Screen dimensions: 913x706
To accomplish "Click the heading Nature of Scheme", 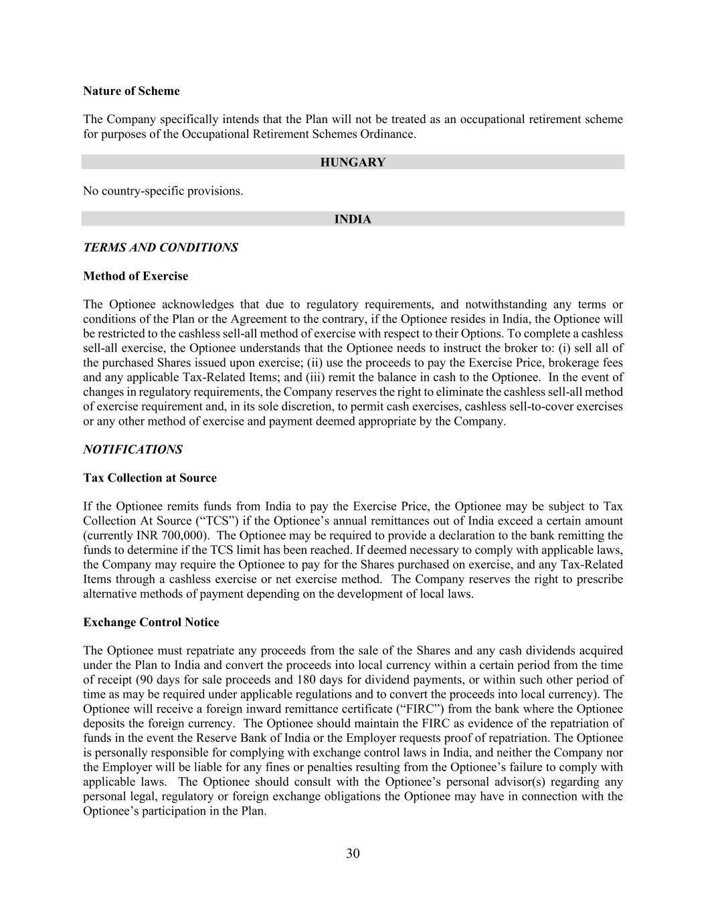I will [131, 91].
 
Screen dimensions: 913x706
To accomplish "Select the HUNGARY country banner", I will [353, 163].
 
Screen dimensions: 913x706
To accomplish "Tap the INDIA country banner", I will [353, 219].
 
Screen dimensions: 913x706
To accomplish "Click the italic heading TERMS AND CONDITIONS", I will [160, 247].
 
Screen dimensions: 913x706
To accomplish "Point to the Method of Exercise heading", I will [135, 276].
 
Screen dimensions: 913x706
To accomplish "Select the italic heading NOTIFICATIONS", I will [133, 449].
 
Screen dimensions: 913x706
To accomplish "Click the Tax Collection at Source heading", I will [150, 478].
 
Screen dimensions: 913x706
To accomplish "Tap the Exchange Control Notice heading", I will [151, 623].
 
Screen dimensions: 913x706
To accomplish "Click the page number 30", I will [353, 853].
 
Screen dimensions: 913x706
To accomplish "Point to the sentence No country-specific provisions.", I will [163, 191].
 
